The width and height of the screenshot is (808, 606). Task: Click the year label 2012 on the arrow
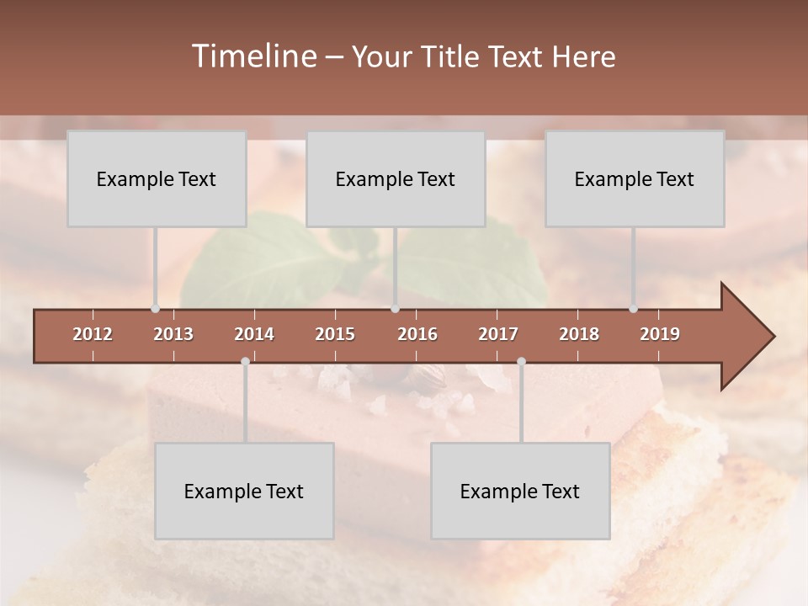tap(93, 334)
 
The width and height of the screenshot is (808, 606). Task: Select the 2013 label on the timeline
tap(173, 334)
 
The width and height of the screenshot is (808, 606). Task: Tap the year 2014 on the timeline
tap(254, 334)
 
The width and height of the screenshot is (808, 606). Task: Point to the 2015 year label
tap(335, 334)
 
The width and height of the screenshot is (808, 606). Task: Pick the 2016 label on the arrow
tap(417, 334)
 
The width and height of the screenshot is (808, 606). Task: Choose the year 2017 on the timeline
tap(498, 334)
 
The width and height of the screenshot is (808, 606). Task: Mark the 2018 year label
tap(579, 334)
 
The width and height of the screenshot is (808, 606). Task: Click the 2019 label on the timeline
tap(660, 334)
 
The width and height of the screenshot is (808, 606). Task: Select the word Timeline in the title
tap(252, 56)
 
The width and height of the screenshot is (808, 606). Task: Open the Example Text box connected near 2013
tap(157, 178)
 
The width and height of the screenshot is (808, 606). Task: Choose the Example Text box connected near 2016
tap(396, 178)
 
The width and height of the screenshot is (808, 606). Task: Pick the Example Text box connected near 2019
tap(635, 178)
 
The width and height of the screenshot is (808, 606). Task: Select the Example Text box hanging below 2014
tap(244, 491)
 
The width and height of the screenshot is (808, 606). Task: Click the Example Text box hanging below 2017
tap(520, 491)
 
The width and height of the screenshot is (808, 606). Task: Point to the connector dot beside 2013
tap(155, 309)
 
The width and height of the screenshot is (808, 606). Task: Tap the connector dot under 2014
tap(245, 361)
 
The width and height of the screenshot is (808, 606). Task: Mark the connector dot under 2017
tap(521, 361)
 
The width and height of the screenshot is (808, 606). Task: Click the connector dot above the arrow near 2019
tap(633, 309)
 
